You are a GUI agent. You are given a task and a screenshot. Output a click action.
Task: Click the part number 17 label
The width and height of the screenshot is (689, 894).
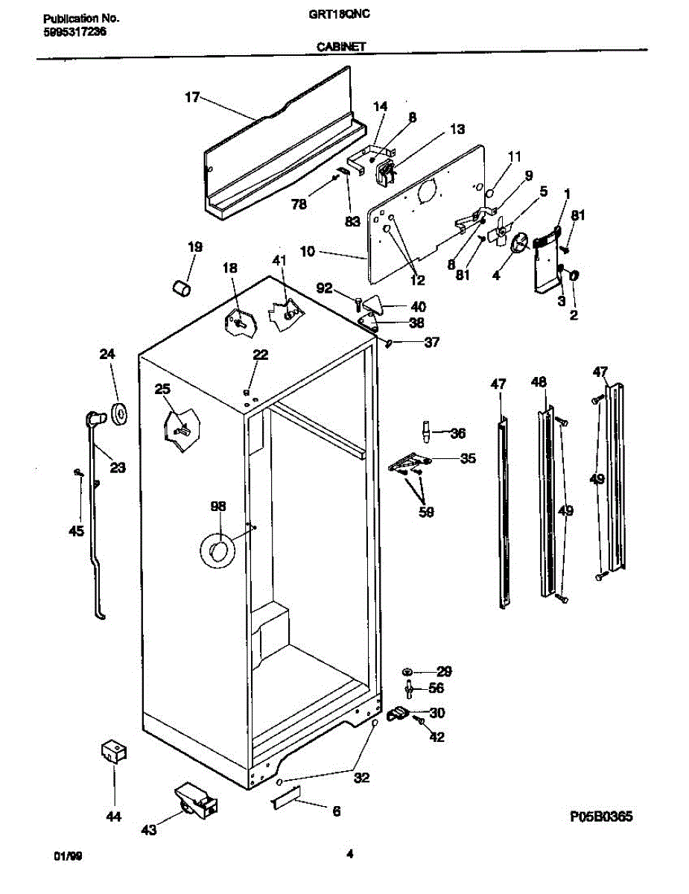click(x=192, y=97)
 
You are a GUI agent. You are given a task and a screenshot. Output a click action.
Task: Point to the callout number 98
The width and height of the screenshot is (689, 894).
click(x=218, y=507)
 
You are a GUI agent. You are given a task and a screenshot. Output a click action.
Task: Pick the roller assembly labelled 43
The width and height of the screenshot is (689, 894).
click(x=196, y=800)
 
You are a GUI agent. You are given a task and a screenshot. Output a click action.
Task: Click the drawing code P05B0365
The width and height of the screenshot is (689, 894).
click(x=600, y=817)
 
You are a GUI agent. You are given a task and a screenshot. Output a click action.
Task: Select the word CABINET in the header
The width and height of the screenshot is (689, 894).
click(x=340, y=45)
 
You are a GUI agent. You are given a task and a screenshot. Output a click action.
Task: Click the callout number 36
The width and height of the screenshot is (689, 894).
click(x=458, y=433)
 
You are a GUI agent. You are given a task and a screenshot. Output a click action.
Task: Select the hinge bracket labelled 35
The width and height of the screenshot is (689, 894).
click(x=409, y=463)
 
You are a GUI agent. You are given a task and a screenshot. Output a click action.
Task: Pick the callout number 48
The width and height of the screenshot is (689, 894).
click(x=539, y=383)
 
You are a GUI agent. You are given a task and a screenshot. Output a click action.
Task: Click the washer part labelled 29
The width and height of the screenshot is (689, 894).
click(x=410, y=670)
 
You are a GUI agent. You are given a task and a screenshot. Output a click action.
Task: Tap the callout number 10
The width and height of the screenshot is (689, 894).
click(x=308, y=253)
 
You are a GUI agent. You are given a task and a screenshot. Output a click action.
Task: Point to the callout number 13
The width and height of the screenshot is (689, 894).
click(x=457, y=130)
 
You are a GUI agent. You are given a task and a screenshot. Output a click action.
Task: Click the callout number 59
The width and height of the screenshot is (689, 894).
click(x=426, y=513)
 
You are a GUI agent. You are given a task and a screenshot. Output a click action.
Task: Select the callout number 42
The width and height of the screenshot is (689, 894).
click(x=436, y=738)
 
